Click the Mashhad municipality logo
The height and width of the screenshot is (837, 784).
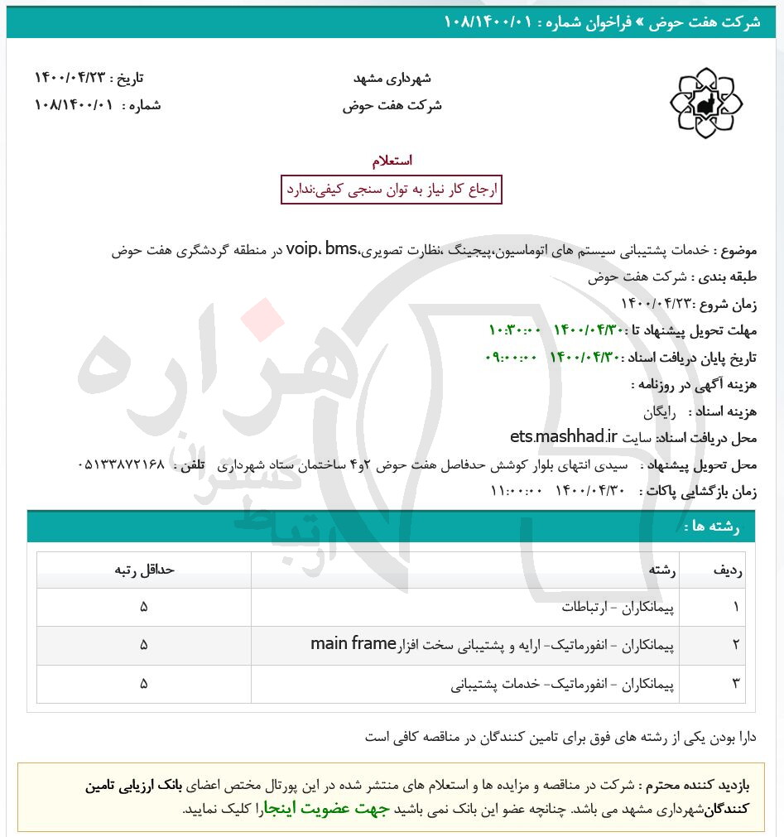(706, 103)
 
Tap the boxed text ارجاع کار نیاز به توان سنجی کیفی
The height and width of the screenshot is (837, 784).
(392, 190)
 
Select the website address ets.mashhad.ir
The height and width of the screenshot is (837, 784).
(564, 436)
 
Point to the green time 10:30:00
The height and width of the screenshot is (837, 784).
(515, 330)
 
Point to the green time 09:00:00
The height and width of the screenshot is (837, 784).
(511, 358)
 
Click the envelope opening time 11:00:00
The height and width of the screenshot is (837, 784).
(517, 491)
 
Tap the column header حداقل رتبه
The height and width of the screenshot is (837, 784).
(144, 570)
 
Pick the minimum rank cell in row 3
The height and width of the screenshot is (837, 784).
(144, 684)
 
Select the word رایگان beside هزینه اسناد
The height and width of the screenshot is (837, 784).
(661, 411)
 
